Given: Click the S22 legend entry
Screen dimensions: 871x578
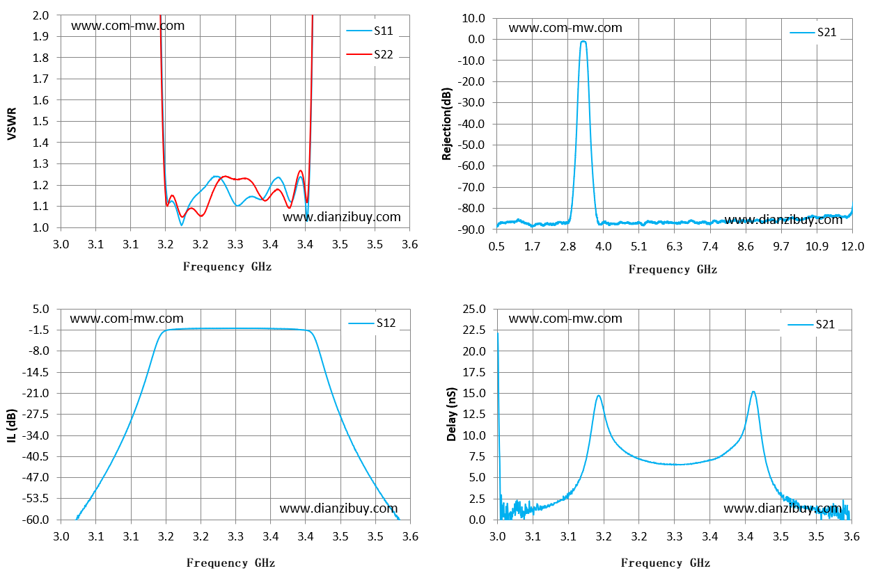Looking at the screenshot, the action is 370,54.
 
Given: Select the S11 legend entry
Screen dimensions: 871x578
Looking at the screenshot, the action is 370,31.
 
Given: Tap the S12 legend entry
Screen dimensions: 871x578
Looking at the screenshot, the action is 372,323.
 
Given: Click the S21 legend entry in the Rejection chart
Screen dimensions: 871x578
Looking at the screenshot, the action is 813,32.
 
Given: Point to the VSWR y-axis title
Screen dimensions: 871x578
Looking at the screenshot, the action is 12,124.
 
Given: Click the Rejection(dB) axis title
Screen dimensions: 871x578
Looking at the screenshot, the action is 446,124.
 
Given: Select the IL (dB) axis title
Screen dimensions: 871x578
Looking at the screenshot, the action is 12,426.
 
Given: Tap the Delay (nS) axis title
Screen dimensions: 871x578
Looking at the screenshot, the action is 451,414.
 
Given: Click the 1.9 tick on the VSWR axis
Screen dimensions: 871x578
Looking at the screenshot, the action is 40,36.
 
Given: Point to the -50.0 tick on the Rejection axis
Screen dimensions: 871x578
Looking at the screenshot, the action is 471,145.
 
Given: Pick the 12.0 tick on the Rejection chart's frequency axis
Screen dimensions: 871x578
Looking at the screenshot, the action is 852,246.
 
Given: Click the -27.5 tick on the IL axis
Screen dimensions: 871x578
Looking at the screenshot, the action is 36,414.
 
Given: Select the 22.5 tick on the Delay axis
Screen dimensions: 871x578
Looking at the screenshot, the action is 474,330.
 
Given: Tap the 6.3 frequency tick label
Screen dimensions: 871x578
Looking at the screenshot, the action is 674,246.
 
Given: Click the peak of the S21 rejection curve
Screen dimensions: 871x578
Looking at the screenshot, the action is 583,41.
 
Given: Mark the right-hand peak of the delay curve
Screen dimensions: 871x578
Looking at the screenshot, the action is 753,392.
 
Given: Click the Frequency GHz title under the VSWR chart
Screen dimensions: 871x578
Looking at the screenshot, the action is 227,267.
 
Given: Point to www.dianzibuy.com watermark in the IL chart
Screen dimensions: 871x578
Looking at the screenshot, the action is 338,508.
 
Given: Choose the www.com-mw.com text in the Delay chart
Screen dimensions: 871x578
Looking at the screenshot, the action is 565,319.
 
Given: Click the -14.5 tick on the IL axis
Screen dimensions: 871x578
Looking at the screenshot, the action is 36,372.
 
